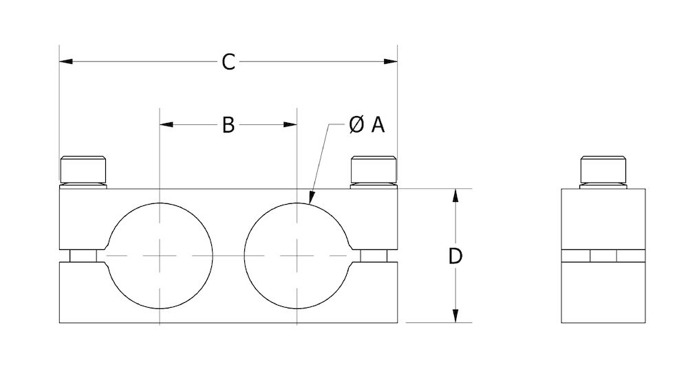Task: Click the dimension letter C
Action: coord(228,63)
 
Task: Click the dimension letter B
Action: coord(228,124)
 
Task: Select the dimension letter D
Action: coord(455,256)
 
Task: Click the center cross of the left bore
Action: coord(160,256)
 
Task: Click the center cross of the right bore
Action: coord(297,256)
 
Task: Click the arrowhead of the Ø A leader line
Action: coord(311,199)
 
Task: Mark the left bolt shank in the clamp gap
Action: coord(83,256)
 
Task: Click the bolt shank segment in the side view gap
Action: coord(603,256)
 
